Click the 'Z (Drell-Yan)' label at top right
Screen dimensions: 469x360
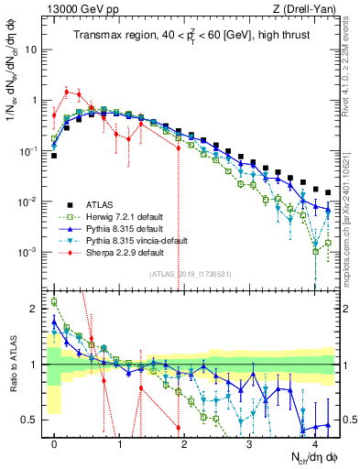[x=306, y=10]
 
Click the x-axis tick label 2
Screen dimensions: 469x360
[x=184, y=442]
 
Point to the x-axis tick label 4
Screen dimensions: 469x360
[x=314, y=442]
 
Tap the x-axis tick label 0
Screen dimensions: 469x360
[x=54, y=442]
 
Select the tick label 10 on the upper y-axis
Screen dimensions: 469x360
[x=30, y=50]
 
